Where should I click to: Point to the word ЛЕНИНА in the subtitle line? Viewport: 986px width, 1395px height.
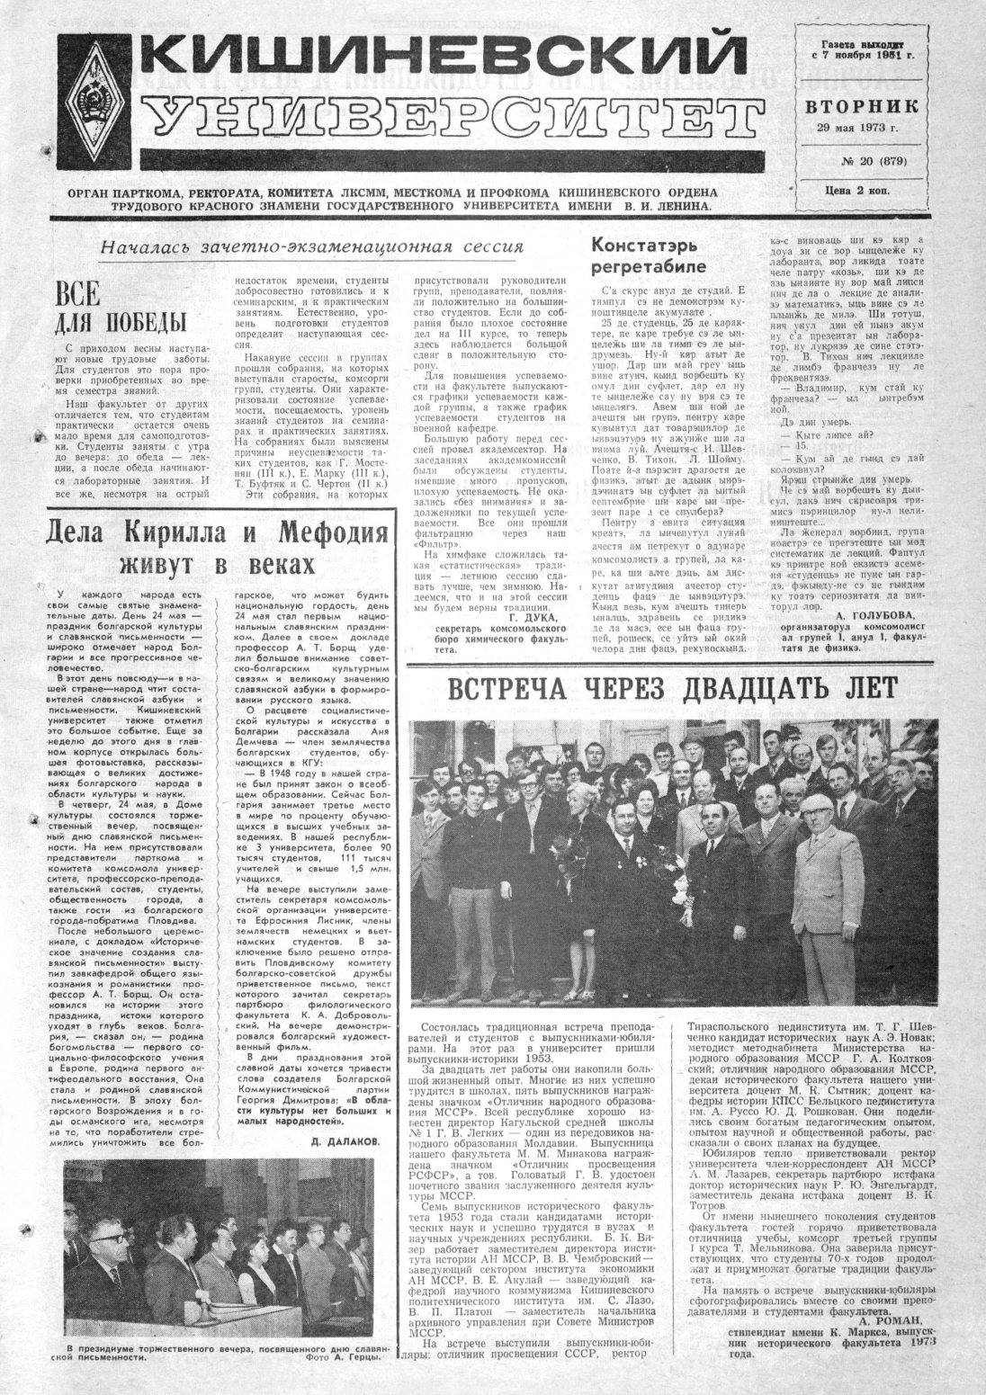681,206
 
